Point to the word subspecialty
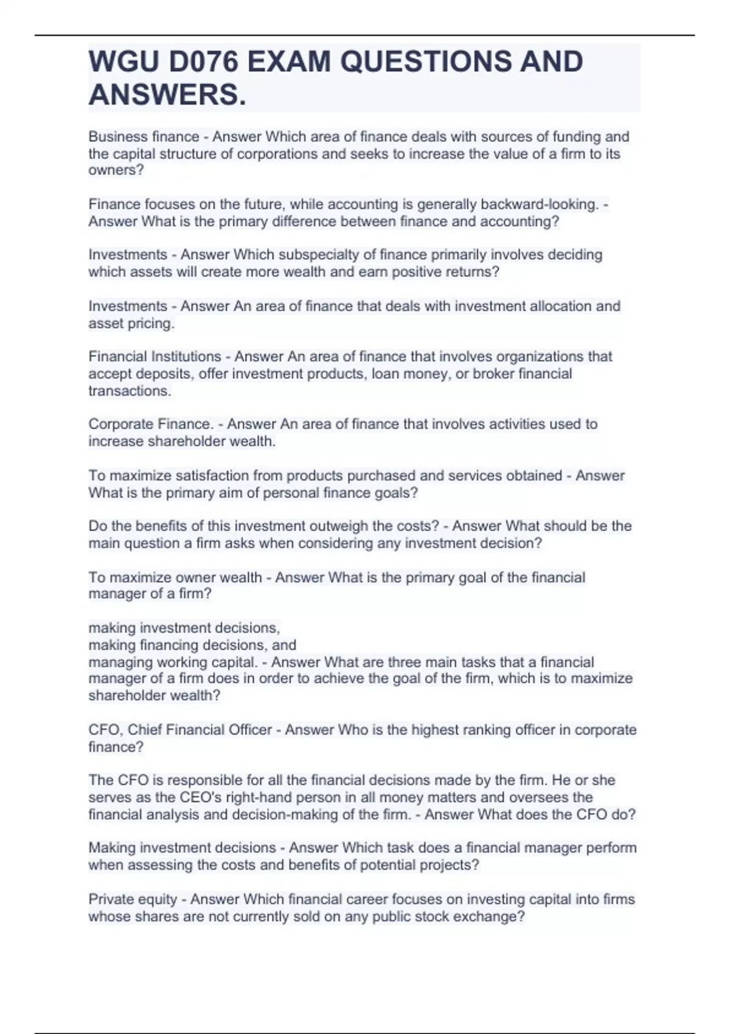click(x=322, y=255)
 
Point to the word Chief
click(x=145, y=730)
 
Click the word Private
click(x=111, y=900)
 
